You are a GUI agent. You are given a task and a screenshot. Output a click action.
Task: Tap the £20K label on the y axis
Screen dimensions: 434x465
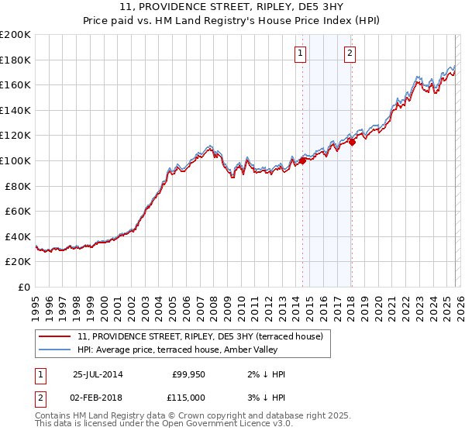click(x=18, y=262)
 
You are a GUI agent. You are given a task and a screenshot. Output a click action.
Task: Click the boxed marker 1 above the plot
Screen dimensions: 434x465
click(x=300, y=53)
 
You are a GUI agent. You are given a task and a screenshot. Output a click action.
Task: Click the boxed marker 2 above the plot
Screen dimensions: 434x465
click(x=350, y=53)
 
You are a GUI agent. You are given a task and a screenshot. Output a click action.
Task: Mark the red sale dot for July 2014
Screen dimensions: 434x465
click(x=302, y=161)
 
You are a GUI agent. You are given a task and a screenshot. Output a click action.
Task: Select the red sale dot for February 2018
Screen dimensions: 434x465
click(x=352, y=142)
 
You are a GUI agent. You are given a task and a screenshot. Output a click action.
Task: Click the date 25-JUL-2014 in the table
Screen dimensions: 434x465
click(x=98, y=374)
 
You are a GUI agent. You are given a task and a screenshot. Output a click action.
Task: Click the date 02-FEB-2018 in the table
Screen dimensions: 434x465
click(x=98, y=398)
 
